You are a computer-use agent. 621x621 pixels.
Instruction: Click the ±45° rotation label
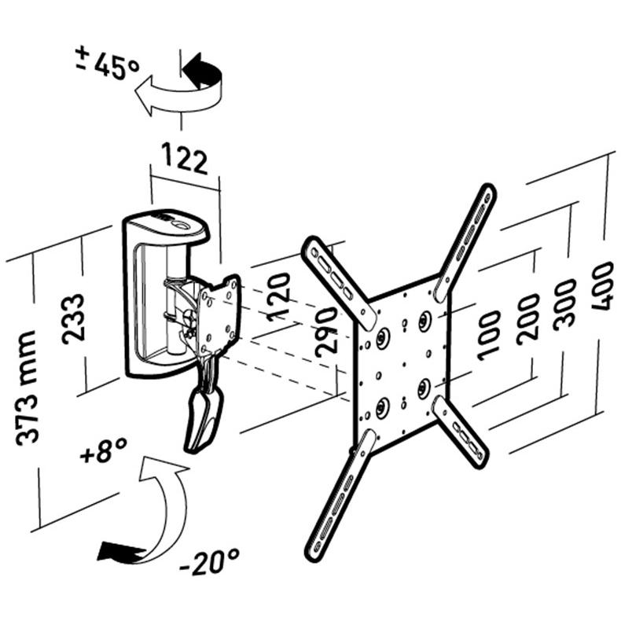click(x=108, y=64)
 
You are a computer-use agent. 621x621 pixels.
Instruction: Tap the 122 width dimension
click(x=185, y=159)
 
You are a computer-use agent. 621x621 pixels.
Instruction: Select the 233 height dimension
click(x=74, y=319)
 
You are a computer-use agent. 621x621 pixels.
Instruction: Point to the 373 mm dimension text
click(x=28, y=388)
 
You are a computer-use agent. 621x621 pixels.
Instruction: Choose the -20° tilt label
click(x=210, y=561)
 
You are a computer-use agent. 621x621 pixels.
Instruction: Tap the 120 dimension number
click(x=279, y=297)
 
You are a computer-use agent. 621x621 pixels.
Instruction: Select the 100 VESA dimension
click(x=489, y=336)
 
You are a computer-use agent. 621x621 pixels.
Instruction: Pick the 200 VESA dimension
click(x=528, y=318)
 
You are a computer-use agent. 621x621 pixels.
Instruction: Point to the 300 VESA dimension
click(x=564, y=304)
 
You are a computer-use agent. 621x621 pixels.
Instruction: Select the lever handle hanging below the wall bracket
click(x=204, y=419)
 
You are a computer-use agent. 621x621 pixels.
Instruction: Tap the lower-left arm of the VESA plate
click(x=340, y=496)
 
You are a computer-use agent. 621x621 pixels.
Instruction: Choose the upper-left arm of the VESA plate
click(x=339, y=283)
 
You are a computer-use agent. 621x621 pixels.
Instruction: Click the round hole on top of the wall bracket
click(x=181, y=225)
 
